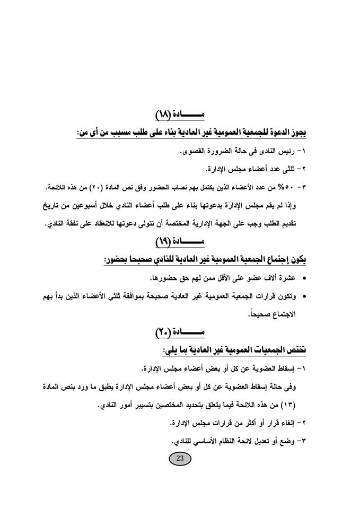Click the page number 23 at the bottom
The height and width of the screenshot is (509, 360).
[179, 459]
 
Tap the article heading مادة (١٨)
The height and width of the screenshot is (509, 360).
[180, 115]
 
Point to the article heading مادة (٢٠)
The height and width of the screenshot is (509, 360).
[180, 332]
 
